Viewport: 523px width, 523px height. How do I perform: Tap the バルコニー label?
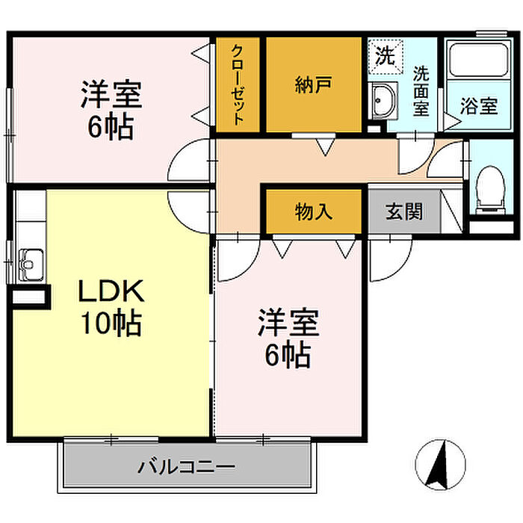point(186,468)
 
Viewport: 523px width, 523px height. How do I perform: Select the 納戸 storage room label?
point(312,84)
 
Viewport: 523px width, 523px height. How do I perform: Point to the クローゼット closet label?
point(238,84)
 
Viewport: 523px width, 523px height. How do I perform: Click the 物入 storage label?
point(313,211)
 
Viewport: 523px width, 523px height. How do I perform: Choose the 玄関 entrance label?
point(403,211)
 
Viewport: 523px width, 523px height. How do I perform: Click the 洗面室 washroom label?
point(421,91)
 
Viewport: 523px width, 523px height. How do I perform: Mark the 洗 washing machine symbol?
point(384,55)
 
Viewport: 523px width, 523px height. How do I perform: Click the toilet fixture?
point(491,184)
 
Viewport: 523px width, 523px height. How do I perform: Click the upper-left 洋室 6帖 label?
point(111,111)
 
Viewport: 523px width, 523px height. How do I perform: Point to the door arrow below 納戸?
point(324,146)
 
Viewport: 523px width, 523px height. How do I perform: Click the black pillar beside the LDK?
point(29,297)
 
